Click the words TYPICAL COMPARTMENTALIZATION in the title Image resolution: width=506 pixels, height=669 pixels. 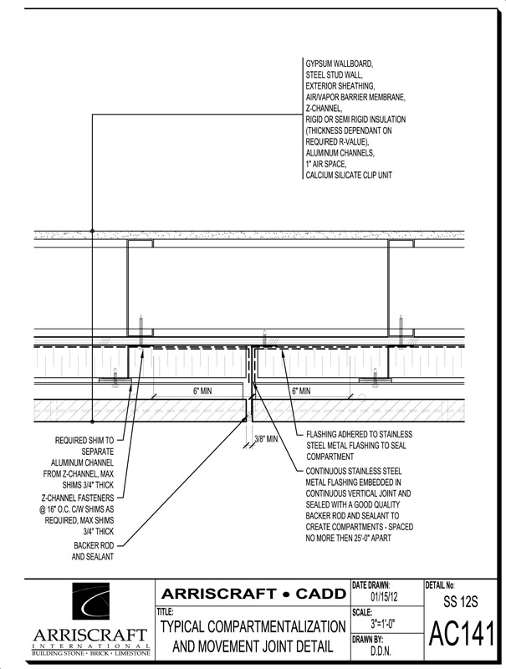click(x=253, y=626)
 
